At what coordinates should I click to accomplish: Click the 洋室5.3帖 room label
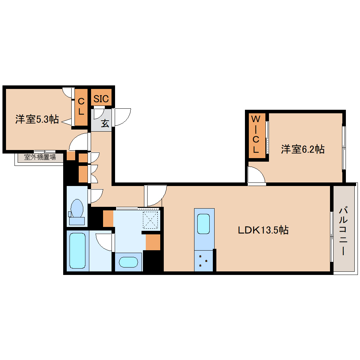click(37, 119)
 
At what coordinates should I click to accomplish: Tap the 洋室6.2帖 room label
click(302, 149)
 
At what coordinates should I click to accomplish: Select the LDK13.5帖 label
click(263, 230)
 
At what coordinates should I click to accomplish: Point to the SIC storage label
click(101, 98)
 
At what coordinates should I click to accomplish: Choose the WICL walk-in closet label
click(256, 134)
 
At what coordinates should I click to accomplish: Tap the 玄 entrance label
click(105, 124)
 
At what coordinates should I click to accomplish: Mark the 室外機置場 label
click(40, 157)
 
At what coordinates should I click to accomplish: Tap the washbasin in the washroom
click(128, 262)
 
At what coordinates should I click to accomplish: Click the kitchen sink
click(204, 224)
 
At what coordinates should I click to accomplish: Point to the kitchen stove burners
click(204, 260)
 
